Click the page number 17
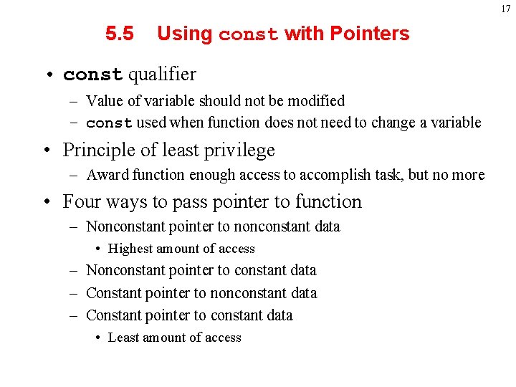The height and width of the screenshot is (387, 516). tap(506, 9)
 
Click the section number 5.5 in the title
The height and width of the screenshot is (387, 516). tap(119, 34)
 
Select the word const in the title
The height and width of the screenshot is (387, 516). tap(248, 34)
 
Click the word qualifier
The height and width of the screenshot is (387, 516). tap(162, 74)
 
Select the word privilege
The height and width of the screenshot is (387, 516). tap(240, 150)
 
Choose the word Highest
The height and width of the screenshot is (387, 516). tap(131, 249)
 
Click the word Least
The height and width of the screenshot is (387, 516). tap(123, 338)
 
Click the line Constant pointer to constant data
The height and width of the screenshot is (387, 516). tap(189, 315)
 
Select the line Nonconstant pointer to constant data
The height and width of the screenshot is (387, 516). tap(201, 270)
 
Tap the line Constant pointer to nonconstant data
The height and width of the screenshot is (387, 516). tap(201, 293)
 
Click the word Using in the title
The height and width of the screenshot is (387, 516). tap(184, 34)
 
